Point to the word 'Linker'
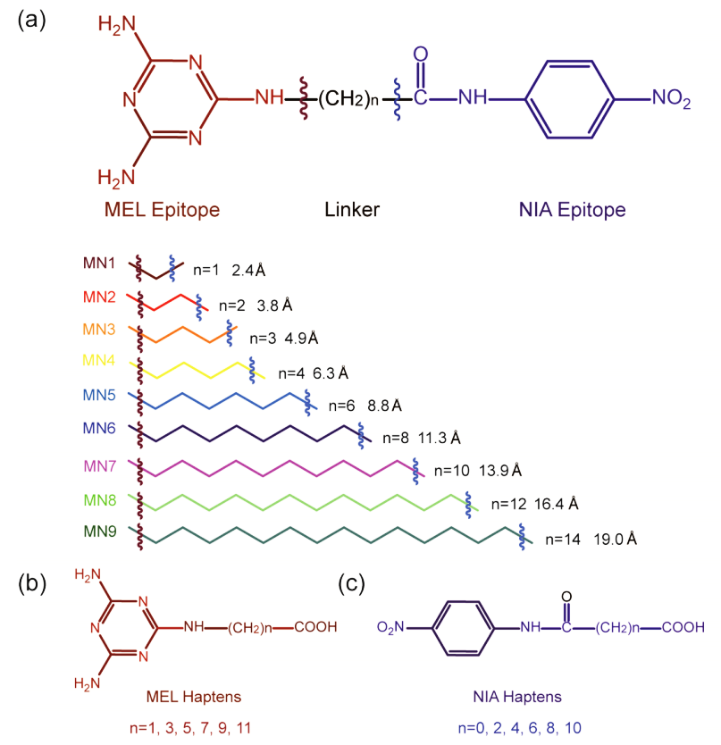(x=351, y=210)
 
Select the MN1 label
(x=98, y=264)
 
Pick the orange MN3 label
(x=98, y=330)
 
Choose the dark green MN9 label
(x=98, y=533)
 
